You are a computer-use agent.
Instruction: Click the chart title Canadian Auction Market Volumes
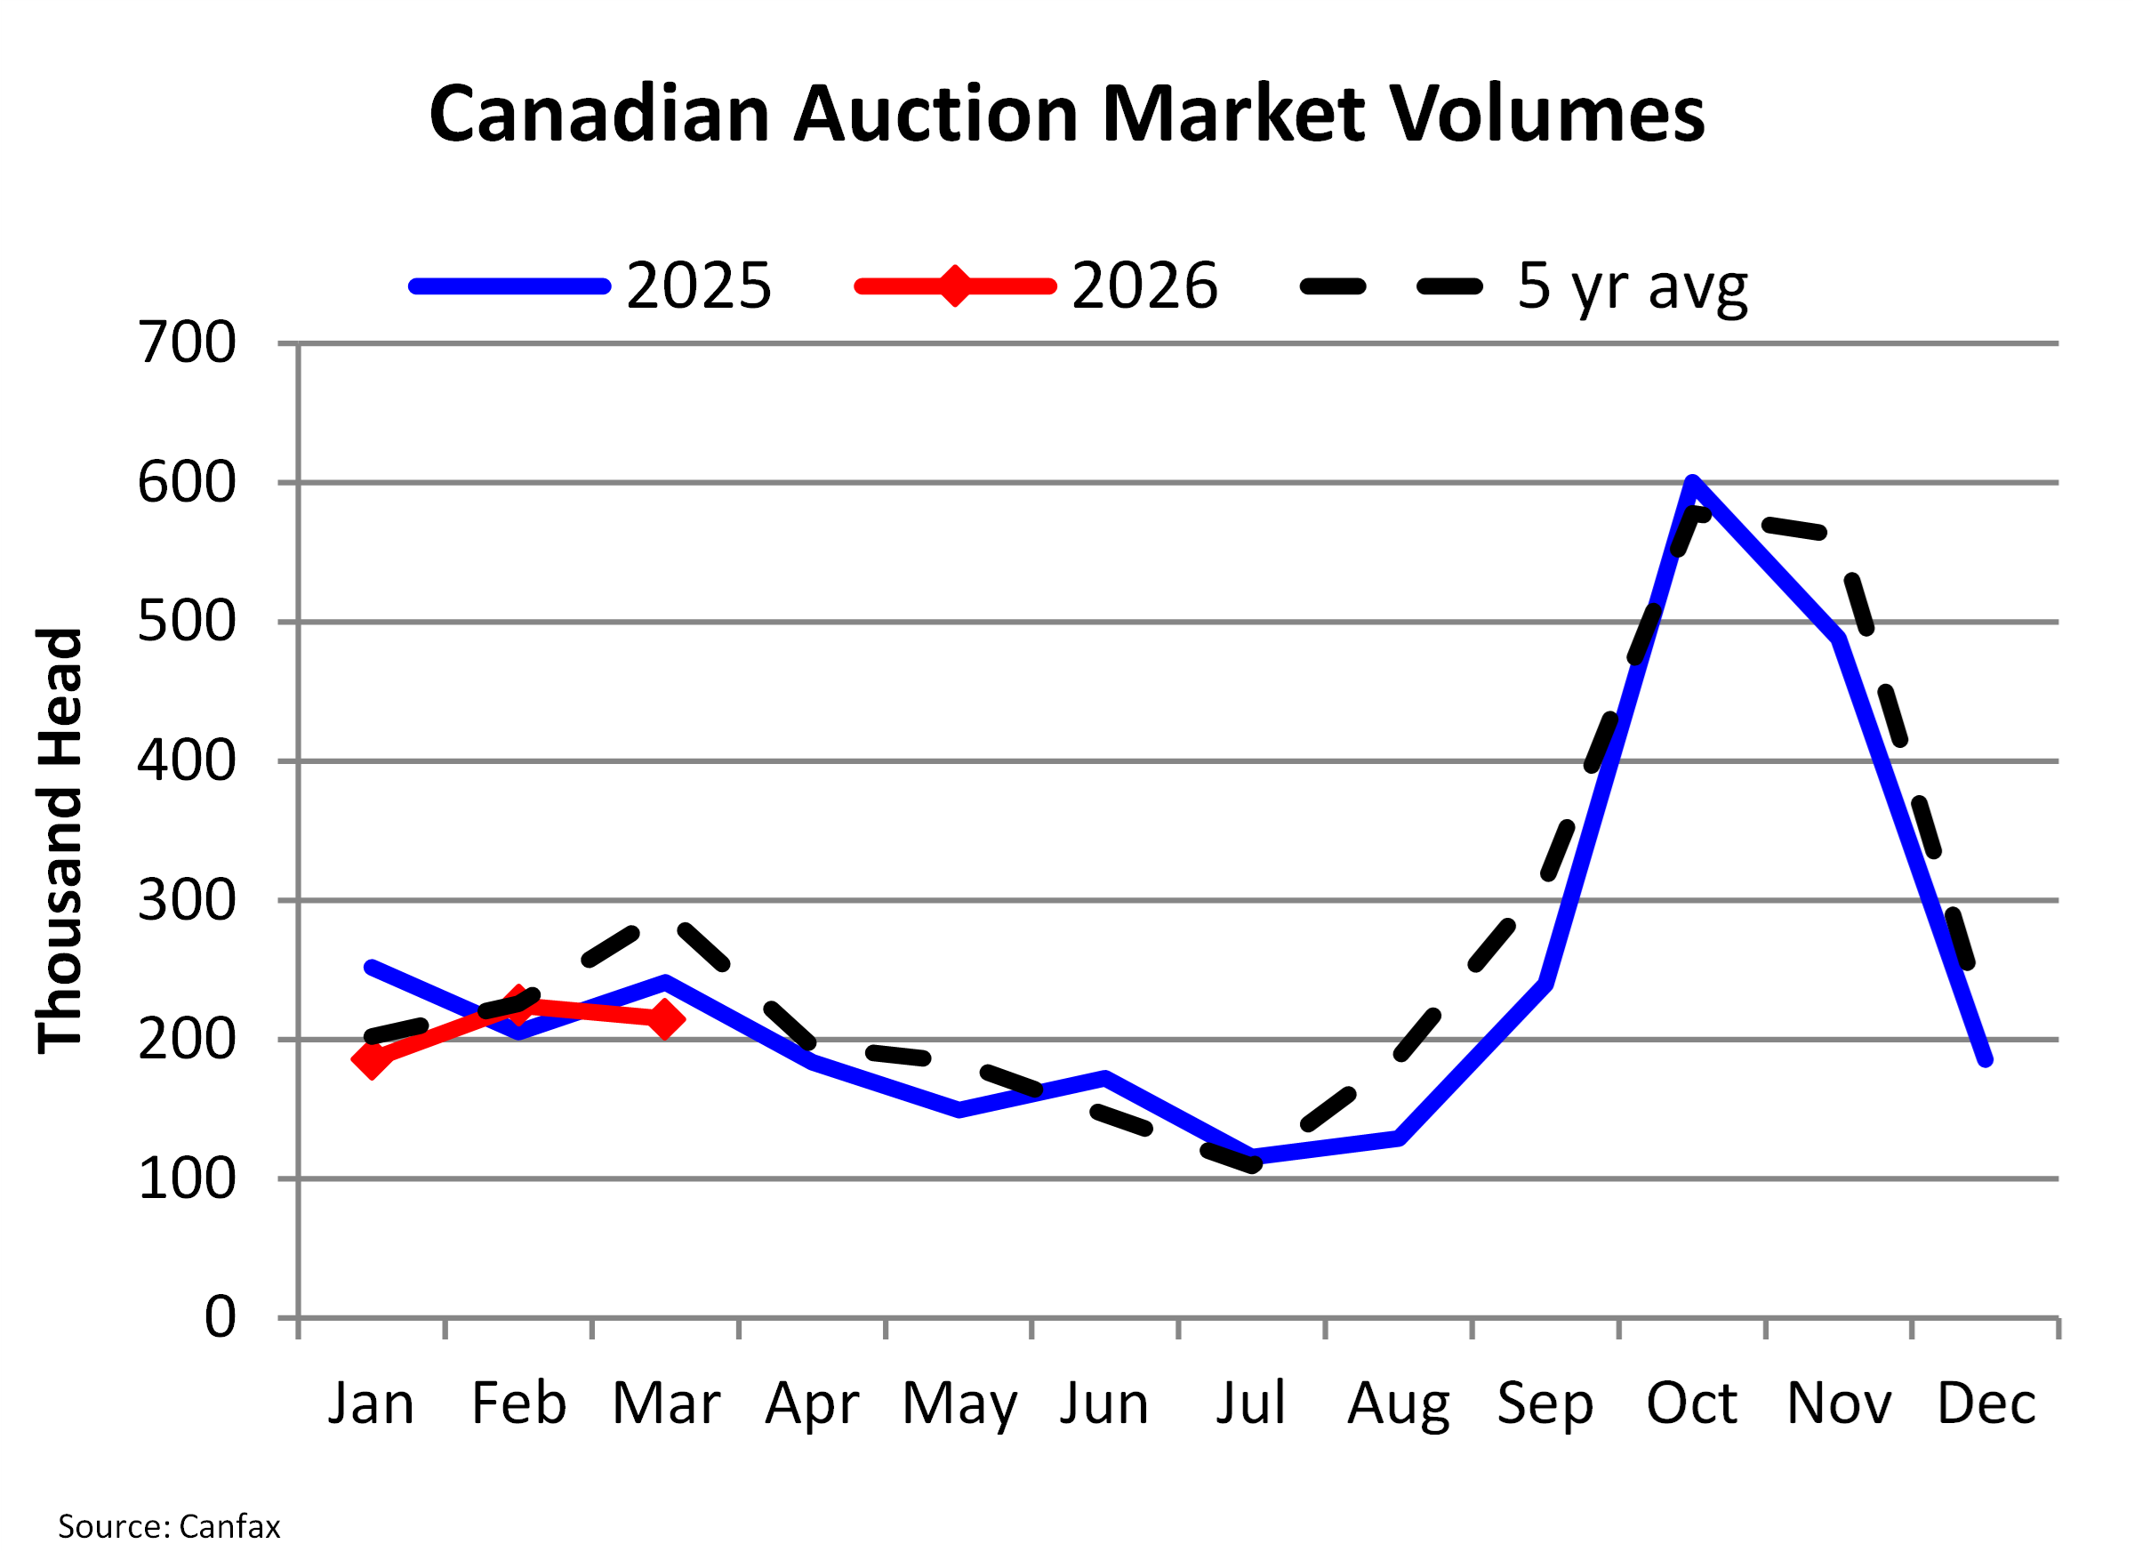click(x=1066, y=114)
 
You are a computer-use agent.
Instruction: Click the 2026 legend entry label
click(x=1144, y=285)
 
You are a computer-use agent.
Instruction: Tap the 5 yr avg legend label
click(x=1632, y=285)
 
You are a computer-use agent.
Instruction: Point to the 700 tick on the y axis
click(x=188, y=342)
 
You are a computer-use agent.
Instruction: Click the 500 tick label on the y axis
click(x=188, y=621)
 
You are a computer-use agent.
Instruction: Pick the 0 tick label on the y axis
click(x=221, y=1316)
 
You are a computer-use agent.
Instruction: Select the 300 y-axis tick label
click(x=188, y=901)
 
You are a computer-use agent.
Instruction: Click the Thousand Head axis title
click(x=60, y=840)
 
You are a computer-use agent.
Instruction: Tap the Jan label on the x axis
click(x=371, y=1404)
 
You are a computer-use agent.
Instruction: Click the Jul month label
click(x=1250, y=1404)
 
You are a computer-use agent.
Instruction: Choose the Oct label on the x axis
click(x=1691, y=1404)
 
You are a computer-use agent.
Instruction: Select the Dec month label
click(x=1986, y=1404)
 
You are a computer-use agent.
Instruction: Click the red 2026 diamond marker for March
click(x=665, y=1018)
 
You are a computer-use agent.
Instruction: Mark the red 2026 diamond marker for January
click(x=372, y=1060)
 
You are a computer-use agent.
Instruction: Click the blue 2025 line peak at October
click(x=1693, y=484)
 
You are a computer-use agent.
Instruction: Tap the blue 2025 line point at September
click(x=1546, y=984)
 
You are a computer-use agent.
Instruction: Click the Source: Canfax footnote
click(x=169, y=1525)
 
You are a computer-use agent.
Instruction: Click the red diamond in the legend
click(x=954, y=286)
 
